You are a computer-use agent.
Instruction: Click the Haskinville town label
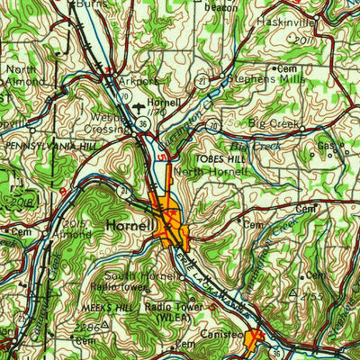(312, 18)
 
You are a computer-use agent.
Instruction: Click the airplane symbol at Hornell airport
(150, 106)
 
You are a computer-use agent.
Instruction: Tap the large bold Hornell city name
(129, 224)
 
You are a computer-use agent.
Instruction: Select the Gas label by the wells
(325, 146)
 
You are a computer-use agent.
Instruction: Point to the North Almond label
(24, 75)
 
